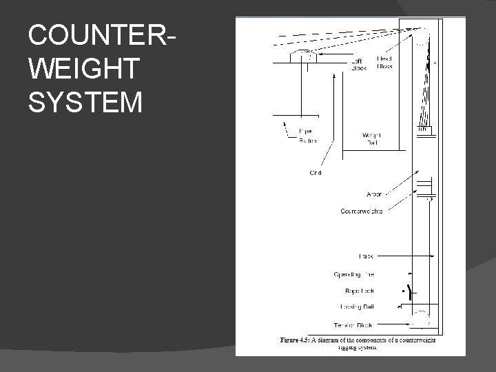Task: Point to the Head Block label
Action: point(386,63)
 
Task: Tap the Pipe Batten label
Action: point(307,136)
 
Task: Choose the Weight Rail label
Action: point(371,138)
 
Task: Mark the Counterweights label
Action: point(362,211)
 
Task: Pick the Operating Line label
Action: point(353,273)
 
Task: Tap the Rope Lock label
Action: point(360,291)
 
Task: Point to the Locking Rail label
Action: point(358,307)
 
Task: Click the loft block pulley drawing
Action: point(303,55)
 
